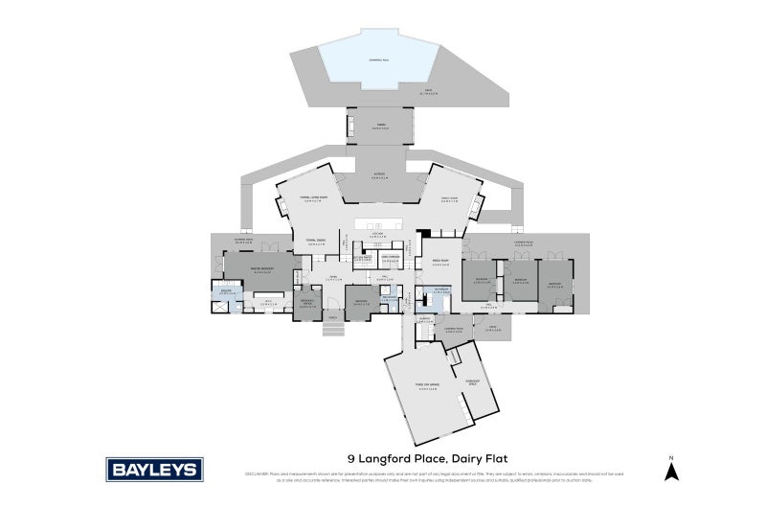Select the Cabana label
[382, 125]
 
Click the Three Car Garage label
[427, 387]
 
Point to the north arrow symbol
[672, 470]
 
